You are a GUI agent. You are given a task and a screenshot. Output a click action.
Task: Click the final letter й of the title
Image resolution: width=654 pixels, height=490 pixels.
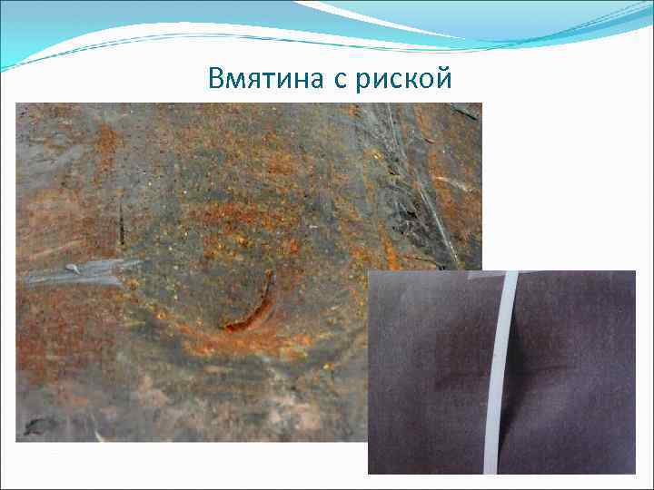[443, 79]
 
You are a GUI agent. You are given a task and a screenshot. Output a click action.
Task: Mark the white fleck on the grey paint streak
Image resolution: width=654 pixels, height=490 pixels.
[73, 269]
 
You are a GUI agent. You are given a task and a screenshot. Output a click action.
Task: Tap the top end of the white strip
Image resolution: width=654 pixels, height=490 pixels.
[511, 275]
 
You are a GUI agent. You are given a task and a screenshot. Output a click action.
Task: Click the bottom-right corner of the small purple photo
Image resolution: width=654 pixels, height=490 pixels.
[634, 473]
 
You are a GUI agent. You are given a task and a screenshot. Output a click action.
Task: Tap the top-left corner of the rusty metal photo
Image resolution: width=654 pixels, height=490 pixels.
[17, 104]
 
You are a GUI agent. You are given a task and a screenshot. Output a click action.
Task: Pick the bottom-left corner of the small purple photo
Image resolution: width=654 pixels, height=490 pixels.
[369, 473]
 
